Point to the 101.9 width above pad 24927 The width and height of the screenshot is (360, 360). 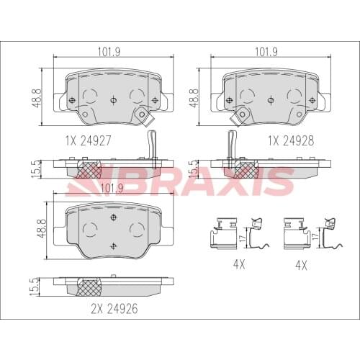click(109, 52)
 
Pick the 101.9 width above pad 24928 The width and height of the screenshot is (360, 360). click(267, 52)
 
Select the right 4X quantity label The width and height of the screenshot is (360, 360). click(301, 265)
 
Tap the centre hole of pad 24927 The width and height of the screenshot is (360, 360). click(112, 100)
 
